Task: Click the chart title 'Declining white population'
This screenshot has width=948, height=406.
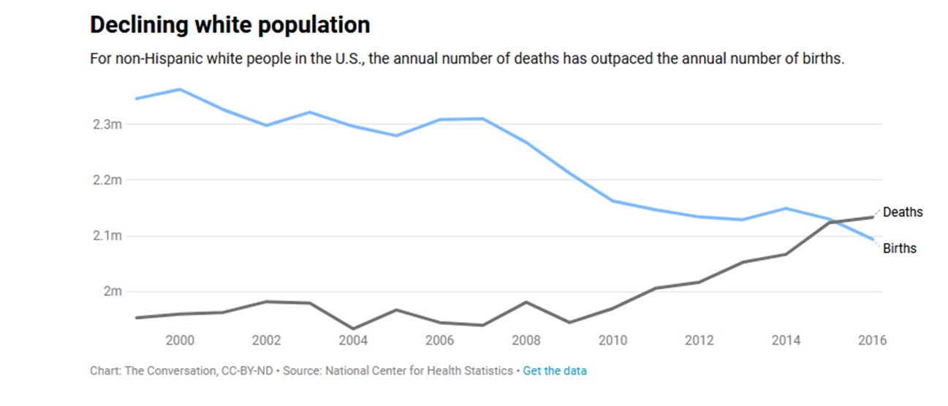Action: (x=230, y=25)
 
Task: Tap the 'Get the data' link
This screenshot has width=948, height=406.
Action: (x=554, y=371)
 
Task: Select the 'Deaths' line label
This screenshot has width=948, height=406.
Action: (x=903, y=212)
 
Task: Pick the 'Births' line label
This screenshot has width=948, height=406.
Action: (x=899, y=248)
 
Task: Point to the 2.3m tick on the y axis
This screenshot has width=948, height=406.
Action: (x=107, y=124)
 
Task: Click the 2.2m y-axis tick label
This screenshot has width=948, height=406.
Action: (x=107, y=180)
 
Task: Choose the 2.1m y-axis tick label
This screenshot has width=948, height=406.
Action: (x=107, y=236)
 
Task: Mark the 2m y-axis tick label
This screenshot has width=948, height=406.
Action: (x=111, y=291)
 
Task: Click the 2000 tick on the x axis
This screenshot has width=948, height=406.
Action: (x=180, y=340)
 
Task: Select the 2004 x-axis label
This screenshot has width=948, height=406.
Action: (x=353, y=340)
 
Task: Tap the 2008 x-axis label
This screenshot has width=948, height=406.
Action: (x=526, y=340)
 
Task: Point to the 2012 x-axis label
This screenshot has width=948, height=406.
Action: (x=699, y=340)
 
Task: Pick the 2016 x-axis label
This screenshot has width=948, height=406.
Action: (x=872, y=340)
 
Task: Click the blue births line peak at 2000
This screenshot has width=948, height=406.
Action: (x=180, y=89)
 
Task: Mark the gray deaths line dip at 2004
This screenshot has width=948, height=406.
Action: (x=353, y=329)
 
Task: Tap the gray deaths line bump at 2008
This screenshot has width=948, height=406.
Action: (x=526, y=302)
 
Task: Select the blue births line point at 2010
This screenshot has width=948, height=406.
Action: (x=613, y=201)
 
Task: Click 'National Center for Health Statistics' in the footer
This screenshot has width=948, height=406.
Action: (x=419, y=371)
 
